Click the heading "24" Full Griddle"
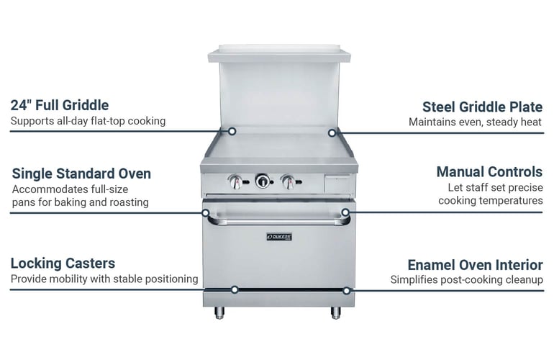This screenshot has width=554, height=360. point(59,105)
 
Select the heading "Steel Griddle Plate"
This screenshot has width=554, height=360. point(482,107)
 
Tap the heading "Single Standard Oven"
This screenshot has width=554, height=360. point(81,174)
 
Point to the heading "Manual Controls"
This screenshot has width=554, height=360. point(489,172)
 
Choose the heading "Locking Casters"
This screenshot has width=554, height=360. point(63,264)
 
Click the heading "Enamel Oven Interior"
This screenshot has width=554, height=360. point(475,265)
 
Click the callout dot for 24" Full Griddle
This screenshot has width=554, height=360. point(232,131)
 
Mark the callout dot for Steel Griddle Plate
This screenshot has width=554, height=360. point(332,133)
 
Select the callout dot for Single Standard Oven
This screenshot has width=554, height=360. point(205,213)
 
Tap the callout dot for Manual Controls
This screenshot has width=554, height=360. point(345,212)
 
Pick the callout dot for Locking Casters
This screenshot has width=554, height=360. point(235,290)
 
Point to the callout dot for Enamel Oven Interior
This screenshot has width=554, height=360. point(347,291)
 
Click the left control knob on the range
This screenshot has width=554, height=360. point(236,181)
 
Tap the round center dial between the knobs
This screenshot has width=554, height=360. point(263,181)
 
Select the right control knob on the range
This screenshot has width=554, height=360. point(289,181)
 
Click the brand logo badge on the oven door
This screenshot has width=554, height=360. point(279,237)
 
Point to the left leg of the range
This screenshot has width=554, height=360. point(219,312)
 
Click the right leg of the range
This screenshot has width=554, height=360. point(336,312)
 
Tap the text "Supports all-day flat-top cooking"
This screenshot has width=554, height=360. point(88,121)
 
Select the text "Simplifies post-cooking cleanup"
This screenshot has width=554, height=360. point(467,280)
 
